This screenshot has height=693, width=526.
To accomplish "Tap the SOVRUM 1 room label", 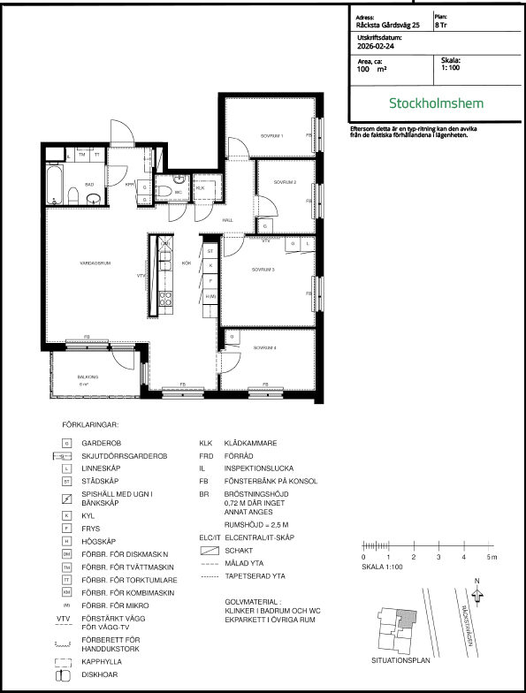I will pos(271,136).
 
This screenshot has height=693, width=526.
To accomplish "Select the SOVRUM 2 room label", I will pos(284,182).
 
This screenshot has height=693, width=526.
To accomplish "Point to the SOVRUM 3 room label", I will pos(263,270).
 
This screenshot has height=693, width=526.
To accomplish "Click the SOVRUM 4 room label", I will pos(265,348).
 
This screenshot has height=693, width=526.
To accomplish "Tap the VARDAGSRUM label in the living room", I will pos(93,263).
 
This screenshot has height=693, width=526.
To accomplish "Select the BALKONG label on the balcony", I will pos(86,377).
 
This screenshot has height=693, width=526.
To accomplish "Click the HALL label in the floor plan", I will pos(227,219).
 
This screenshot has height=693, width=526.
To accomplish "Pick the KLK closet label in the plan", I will pos(201,188).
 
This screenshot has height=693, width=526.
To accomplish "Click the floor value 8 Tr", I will pos(441,26).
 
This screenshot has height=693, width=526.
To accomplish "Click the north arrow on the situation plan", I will pos(478,595).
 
